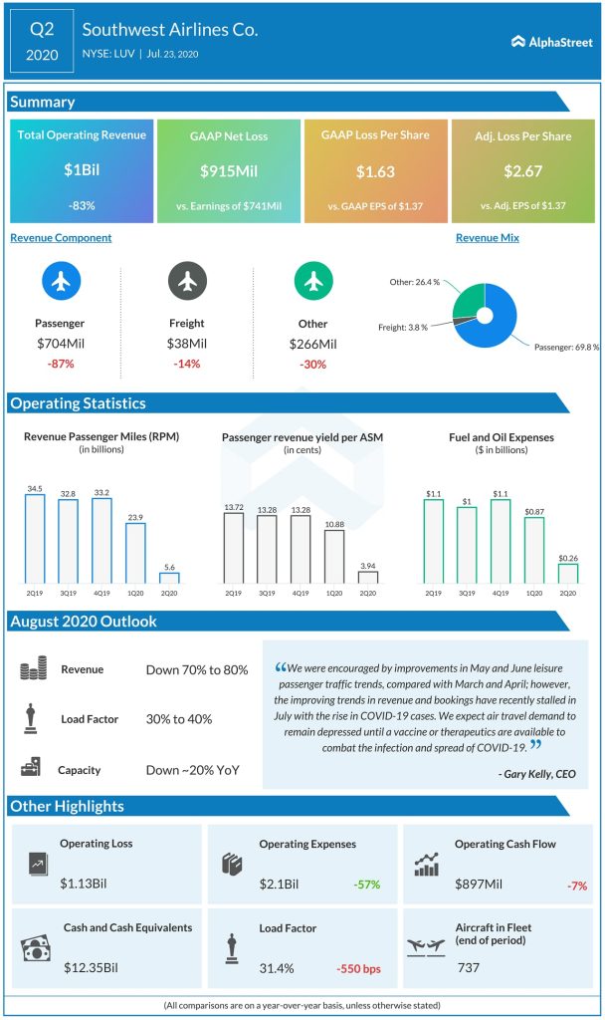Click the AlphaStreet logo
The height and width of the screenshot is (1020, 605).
(x=550, y=42)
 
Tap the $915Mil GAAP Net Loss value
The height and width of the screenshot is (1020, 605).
(x=230, y=170)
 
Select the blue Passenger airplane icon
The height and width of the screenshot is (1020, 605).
(x=61, y=282)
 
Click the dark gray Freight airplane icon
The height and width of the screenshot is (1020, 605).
(x=186, y=282)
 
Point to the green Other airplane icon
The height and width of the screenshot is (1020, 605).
(x=312, y=282)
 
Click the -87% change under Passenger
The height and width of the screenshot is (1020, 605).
(x=61, y=364)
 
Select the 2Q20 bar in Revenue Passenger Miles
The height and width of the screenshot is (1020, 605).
(x=169, y=577)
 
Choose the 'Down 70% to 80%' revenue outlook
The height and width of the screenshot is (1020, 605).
(x=197, y=670)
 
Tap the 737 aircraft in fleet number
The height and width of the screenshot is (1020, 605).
(x=469, y=967)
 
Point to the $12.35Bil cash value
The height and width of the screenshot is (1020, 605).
(x=90, y=967)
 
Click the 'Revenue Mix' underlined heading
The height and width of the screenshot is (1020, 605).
(x=488, y=238)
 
